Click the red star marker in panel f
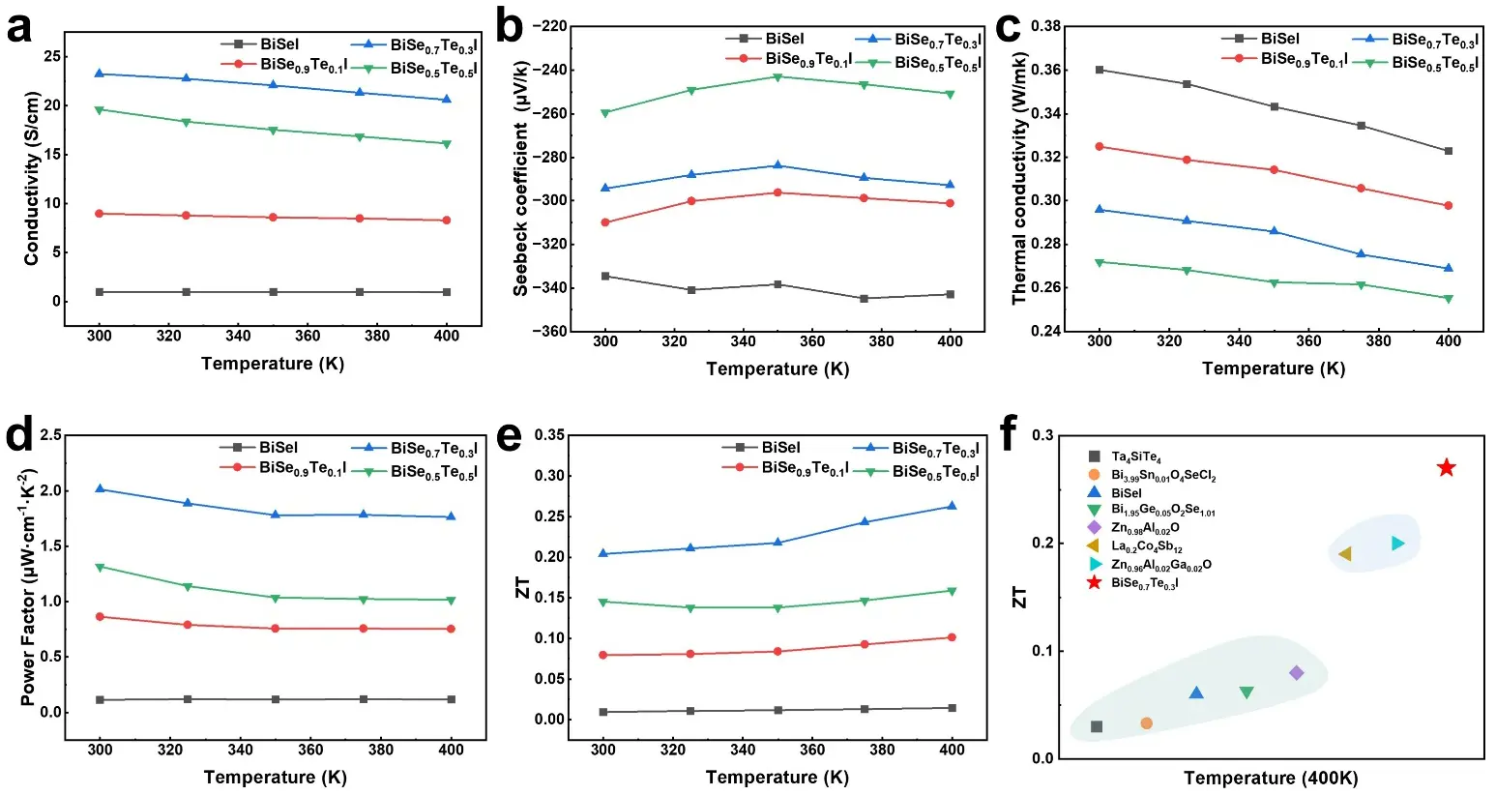1446,467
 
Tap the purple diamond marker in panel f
1297,673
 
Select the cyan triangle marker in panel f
1397,544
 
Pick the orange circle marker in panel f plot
1147,723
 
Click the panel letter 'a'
18,27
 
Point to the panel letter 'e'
509,436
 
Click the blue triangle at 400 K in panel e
952,506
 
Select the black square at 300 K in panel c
1100,70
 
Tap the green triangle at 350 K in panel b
777,76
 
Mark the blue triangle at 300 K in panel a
99,74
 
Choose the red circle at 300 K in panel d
100,616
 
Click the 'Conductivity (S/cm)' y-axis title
32,179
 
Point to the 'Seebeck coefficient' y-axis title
521,178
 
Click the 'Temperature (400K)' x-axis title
1271,779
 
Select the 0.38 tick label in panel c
1045,26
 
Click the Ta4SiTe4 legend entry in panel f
1135,457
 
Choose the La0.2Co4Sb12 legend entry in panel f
1146,547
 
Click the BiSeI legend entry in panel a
279,44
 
